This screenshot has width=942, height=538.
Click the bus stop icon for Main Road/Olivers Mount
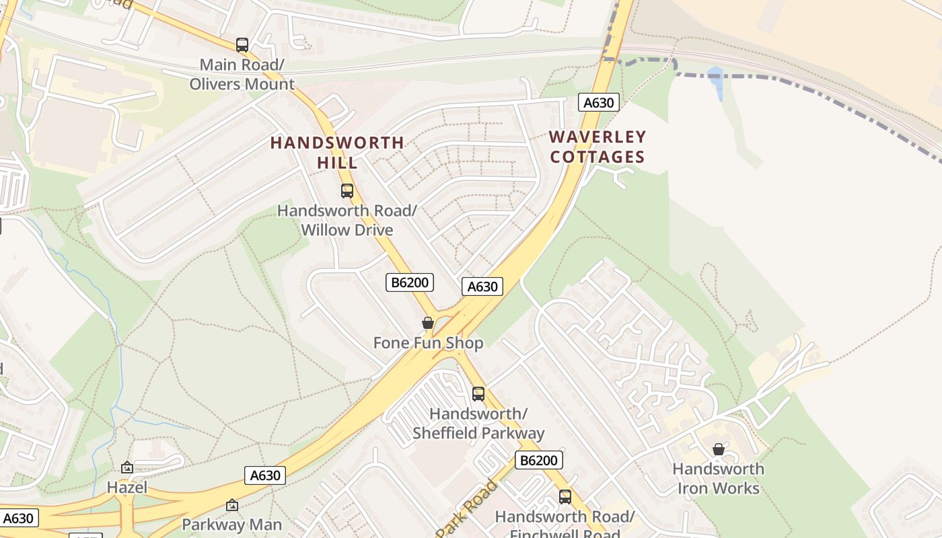tap(242, 45)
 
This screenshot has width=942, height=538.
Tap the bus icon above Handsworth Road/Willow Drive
tap(347, 190)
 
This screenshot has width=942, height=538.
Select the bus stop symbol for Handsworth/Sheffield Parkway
tap(478, 393)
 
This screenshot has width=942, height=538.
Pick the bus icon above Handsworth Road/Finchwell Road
tap(565, 496)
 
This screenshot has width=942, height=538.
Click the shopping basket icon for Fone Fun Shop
tap(428, 323)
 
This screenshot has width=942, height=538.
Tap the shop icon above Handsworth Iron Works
tap(719, 449)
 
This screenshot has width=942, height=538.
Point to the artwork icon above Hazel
tap(127, 467)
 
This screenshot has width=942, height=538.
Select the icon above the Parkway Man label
tap(232, 504)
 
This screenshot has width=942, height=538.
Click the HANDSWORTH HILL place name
tap(337, 152)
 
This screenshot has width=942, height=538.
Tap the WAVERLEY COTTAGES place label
tap(597, 147)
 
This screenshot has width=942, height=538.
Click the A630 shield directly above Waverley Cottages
tap(598, 102)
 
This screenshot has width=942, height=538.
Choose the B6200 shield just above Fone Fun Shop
tap(410, 282)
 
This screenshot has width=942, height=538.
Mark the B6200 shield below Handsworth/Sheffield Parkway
tap(538, 460)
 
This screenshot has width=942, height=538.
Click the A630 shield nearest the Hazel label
tap(265, 475)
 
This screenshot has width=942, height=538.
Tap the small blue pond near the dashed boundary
tap(715, 80)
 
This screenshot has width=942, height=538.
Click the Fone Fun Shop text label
tap(428, 343)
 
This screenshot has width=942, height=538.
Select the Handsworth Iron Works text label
tap(719, 478)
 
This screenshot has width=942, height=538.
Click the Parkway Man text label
tap(232, 524)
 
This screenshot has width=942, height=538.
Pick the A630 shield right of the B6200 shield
tap(482, 286)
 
